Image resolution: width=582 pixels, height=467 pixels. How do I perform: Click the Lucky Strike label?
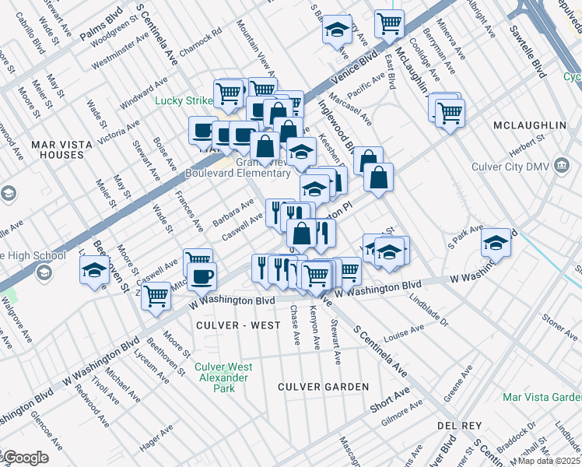coord(182,100)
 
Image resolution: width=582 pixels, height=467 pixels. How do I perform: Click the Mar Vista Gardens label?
coord(542,397)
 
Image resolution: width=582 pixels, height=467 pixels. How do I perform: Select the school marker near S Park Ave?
coord(496,241)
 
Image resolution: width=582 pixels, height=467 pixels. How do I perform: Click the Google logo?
coord(25,458)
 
